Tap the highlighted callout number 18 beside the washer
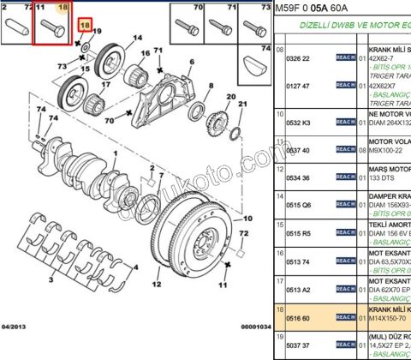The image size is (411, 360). tap(84, 27)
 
